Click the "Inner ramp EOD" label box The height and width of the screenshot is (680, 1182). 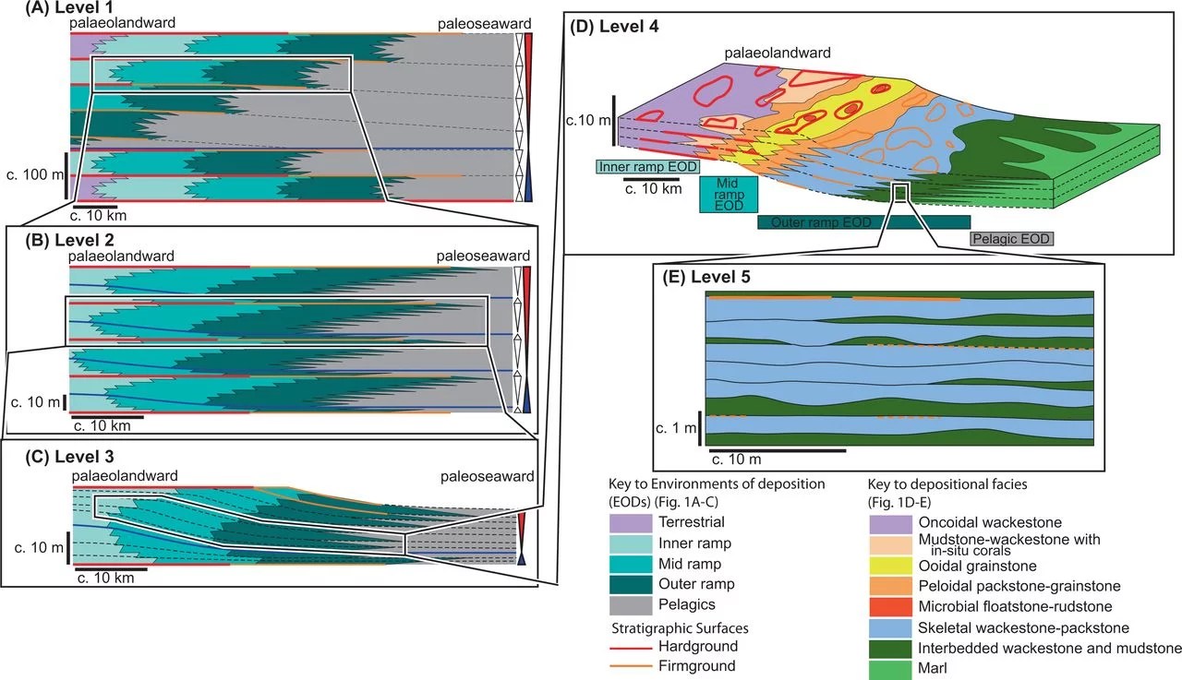coord(645,167)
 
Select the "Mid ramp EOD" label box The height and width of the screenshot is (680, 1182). coord(729,194)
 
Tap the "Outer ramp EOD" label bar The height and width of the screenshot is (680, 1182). coord(862,222)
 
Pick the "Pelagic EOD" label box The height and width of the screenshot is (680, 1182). coord(1011,238)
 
